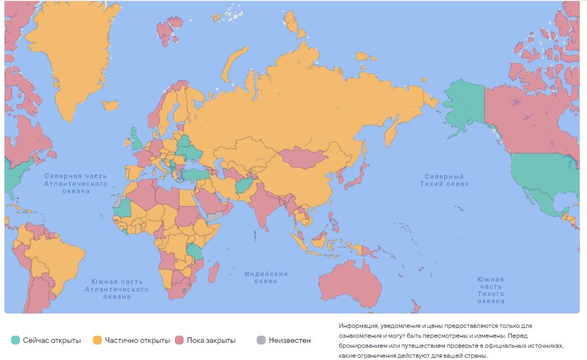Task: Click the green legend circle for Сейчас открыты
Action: pyautogui.click(x=15, y=340)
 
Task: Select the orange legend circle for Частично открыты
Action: pyautogui.click(x=97, y=340)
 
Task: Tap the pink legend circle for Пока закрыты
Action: pyautogui.click(x=179, y=340)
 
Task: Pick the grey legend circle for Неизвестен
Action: pyautogui.click(x=261, y=340)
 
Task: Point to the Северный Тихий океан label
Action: pyautogui.click(x=444, y=180)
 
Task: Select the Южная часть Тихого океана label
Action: pyautogui.click(x=491, y=290)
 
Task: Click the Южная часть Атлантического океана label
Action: pyautogui.click(x=117, y=289)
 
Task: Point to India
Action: pyautogui.click(x=260, y=207)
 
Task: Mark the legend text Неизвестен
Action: pyautogui.click(x=289, y=340)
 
